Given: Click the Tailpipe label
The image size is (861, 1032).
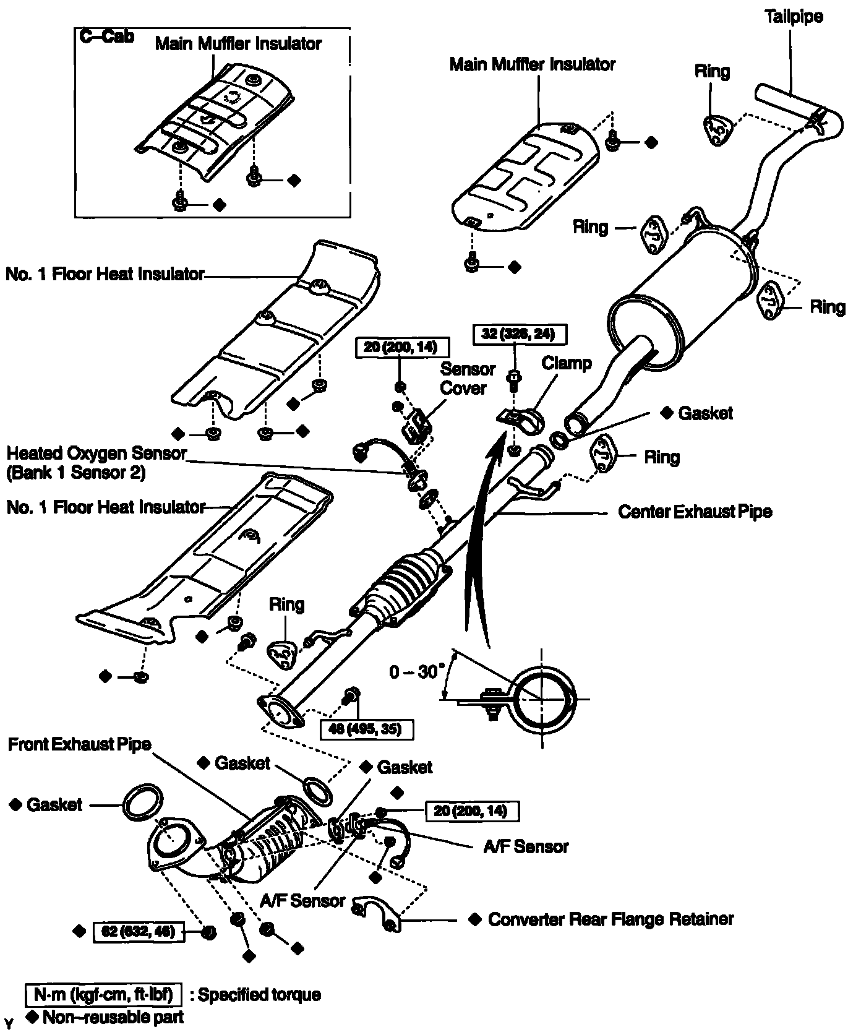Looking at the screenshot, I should point(794,17).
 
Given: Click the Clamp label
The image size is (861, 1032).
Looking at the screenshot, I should point(567,363).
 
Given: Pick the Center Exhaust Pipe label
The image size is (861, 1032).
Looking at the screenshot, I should point(695,512).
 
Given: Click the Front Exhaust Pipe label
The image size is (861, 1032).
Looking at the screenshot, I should point(80,744).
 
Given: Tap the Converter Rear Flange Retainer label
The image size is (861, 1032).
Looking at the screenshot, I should point(610,919).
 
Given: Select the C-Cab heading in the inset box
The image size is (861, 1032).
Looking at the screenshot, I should point(107,37).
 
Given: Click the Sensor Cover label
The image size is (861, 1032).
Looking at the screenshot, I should point(468,379).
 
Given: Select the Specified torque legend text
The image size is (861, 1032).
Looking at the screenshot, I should point(255,995).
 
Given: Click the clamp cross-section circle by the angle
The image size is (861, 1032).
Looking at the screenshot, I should point(542,699).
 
